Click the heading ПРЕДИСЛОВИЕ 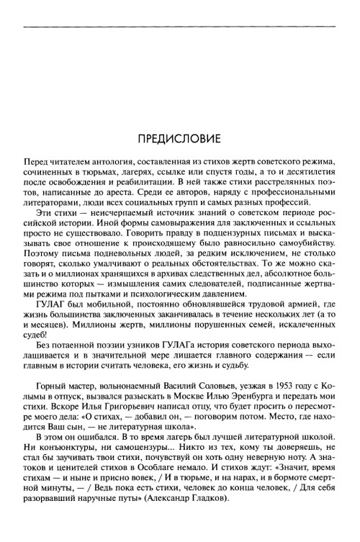[x=180, y=137]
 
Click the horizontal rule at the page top [x=180, y=29]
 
